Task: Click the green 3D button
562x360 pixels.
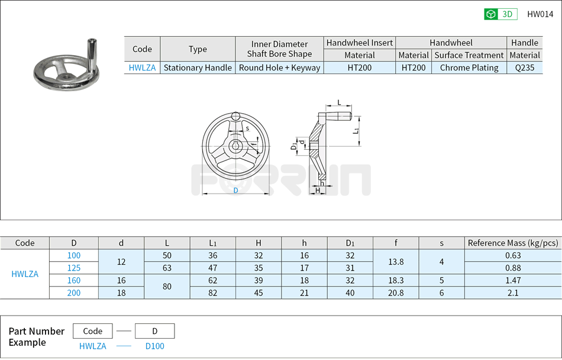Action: coord(500,14)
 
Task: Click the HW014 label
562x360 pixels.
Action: coord(540,14)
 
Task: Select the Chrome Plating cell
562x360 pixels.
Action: coord(469,67)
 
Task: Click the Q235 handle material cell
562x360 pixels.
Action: coord(525,67)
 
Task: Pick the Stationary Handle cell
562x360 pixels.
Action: coord(198,67)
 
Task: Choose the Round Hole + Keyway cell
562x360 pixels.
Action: coord(279,67)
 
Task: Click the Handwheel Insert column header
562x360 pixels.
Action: coord(360,43)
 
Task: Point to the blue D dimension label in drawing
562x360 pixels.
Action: coord(235,191)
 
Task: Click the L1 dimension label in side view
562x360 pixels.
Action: coord(356,130)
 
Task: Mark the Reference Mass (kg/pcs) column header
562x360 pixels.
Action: coord(513,243)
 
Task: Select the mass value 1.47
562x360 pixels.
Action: coord(513,280)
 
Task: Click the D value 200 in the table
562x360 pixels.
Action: coord(74,292)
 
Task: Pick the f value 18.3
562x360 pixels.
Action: coord(396,280)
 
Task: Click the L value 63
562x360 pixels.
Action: coord(167,268)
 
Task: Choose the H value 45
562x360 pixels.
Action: coord(259,292)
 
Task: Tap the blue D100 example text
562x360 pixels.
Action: coord(155,346)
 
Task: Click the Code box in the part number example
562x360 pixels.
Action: coord(92,331)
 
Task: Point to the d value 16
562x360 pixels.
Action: coord(121,280)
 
